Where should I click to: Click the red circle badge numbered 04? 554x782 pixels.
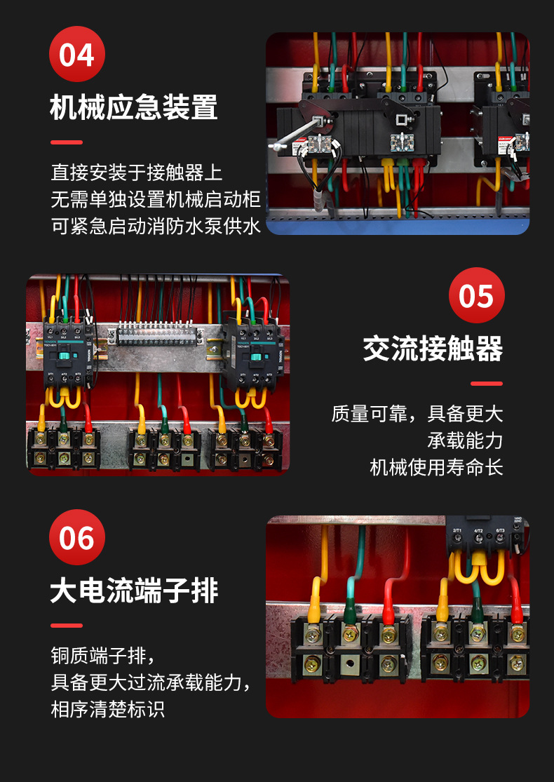77,54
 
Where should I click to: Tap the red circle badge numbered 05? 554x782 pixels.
477,295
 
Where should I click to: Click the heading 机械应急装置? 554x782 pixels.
134,108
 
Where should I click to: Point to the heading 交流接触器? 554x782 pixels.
433,349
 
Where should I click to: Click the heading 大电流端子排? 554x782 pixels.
134,591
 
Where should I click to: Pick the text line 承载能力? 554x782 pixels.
465,440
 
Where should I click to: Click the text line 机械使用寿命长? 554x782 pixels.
436,467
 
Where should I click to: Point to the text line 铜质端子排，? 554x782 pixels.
102,655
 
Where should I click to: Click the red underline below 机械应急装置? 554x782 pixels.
67,142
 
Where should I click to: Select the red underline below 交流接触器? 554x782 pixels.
487,384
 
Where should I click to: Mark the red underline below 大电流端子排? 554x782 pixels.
67,625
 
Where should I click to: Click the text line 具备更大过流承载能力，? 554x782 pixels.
151,682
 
